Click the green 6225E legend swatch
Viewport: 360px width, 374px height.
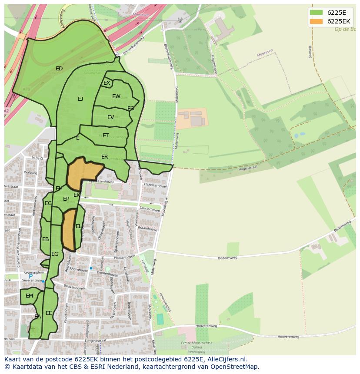[316, 13]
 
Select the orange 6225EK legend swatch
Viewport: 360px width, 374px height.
[316, 21]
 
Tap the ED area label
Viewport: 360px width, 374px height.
[59, 69]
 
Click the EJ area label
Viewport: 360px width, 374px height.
[80, 99]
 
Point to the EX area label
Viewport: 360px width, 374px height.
[107, 83]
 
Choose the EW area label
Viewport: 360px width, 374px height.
[116, 96]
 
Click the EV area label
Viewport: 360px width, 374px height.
[110, 117]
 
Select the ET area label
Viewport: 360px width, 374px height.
[106, 136]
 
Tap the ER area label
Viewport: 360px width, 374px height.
[104, 157]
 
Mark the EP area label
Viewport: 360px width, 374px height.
[66, 199]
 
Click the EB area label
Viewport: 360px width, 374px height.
[45, 239]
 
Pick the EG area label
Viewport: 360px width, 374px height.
[55, 254]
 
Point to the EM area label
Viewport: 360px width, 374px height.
[29, 296]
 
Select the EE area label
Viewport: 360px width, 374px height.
[49, 313]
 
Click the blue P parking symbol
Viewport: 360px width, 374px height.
[30, 276]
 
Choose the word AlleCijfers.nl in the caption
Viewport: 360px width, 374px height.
[226, 359]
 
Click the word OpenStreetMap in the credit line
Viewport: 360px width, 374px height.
[233, 367]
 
